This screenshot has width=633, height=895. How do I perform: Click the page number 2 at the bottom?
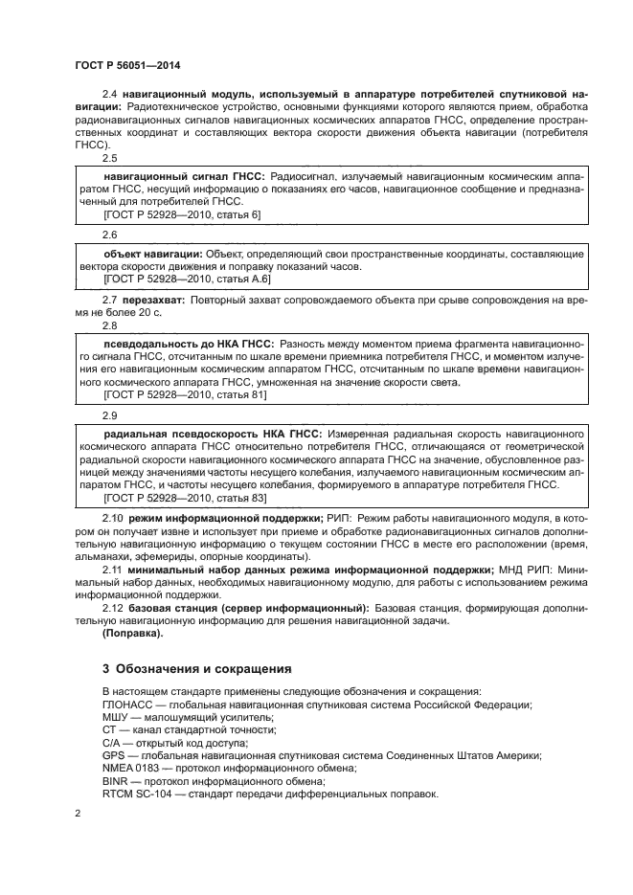click(x=78, y=813)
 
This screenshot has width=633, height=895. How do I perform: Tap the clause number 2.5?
click(x=110, y=158)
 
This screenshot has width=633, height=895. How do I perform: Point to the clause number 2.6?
click(x=110, y=234)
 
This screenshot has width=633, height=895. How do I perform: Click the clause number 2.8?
click(x=110, y=325)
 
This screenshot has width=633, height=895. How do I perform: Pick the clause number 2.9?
click(x=110, y=416)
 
